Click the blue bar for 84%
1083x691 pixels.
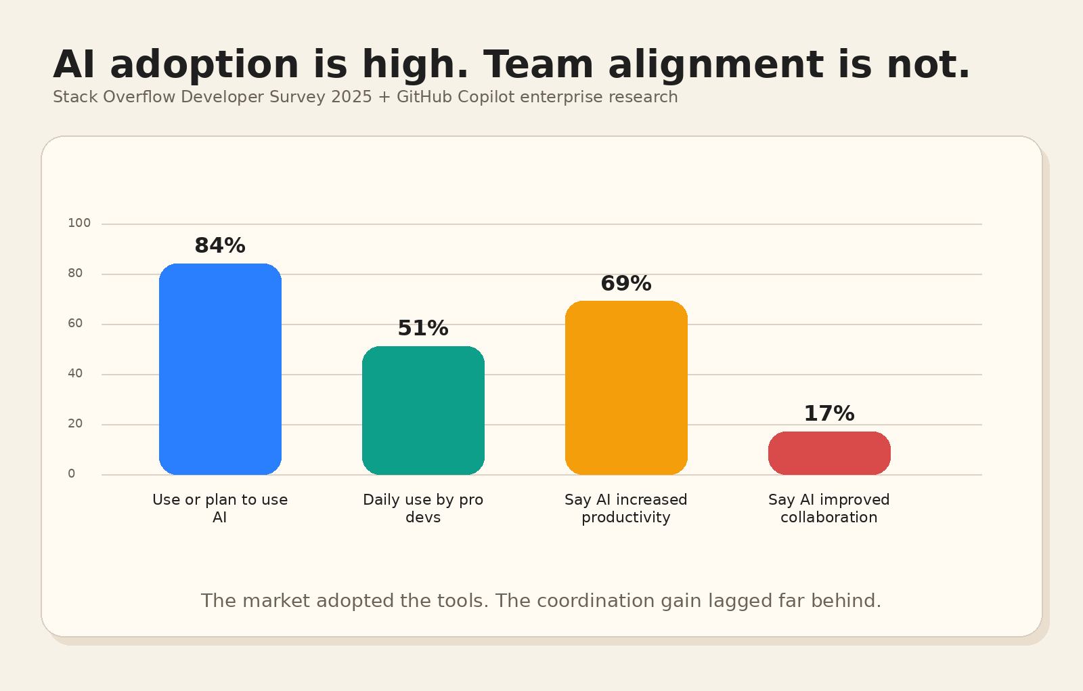click(220, 369)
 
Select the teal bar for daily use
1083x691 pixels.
click(423, 411)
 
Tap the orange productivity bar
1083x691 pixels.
click(626, 388)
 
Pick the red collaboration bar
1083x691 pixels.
click(829, 453)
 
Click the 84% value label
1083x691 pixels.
click(220, 246)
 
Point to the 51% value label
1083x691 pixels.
click(423, 329)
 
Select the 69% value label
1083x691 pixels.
click(626, 284)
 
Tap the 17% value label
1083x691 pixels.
click(829, 414)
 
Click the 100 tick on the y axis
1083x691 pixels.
click(79, 223)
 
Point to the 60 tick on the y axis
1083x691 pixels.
click(75, 323)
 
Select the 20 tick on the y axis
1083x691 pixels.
click(75, 423)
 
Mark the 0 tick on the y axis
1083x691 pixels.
click(72, 474)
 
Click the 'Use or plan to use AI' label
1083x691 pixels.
click(220, 508)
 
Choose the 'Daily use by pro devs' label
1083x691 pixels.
click(423, 508)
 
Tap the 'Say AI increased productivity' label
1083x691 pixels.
click(626, 508)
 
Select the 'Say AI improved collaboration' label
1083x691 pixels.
click(829, 508)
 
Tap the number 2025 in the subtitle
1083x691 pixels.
click(351, 97)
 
